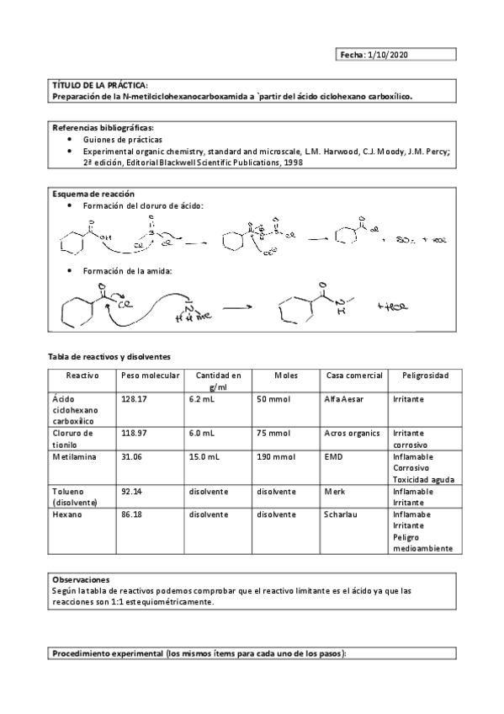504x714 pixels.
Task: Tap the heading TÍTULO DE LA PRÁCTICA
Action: (x=100, y=86)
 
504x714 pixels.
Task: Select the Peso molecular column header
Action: (x=150, y=375)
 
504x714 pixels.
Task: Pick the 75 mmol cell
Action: (x=273, y=433)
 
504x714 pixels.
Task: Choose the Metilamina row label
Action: (x=73, y=456)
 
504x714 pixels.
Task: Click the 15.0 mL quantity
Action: (x=204, y=456)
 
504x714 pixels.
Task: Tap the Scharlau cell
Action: (x=342, y=513)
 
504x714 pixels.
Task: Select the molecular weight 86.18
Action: (x=132, y=513)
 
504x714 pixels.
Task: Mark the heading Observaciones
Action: (x=82, y=580)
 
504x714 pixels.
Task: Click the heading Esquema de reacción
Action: (x=93, y=194)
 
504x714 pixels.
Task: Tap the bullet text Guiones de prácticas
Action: (x=123, y=139)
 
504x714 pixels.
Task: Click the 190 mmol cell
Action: (x=276, y=456)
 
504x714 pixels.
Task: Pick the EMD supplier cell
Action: (x=333, y=456)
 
